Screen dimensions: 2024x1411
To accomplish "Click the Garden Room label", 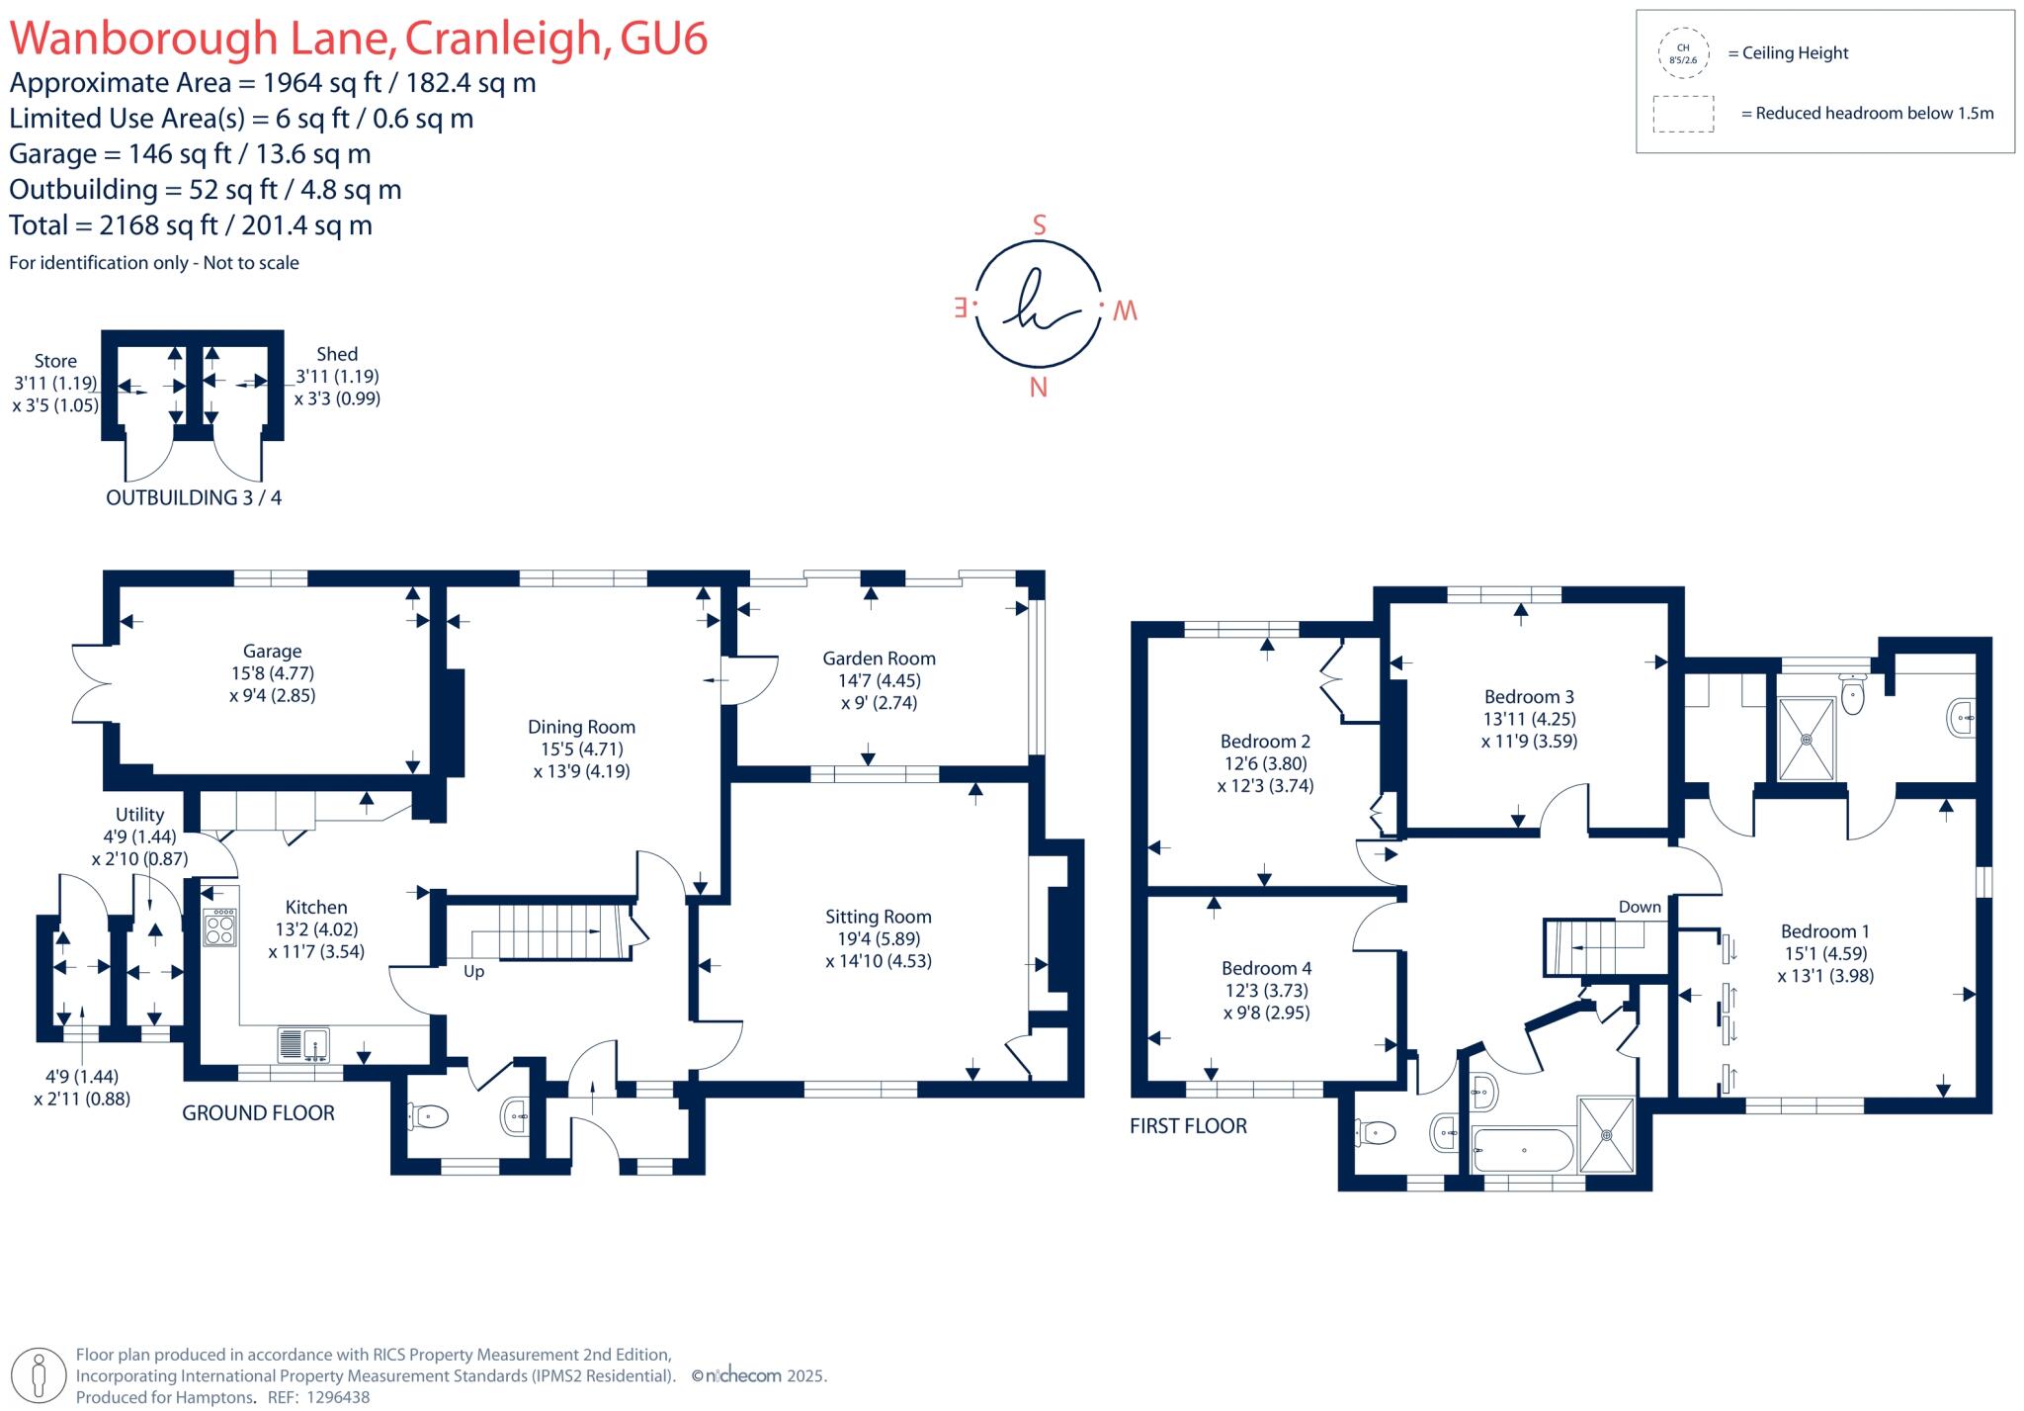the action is (879, 659).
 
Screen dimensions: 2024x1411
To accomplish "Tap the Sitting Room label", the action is (879, 917).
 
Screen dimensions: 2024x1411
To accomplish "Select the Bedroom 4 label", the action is (1266, 968).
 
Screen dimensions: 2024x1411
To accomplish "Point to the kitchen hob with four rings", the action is (220, 928).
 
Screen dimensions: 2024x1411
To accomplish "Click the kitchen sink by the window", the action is (303, 1044).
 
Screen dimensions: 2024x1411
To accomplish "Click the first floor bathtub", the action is (1522, 1150).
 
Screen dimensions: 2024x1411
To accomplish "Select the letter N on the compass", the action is (1038, 389).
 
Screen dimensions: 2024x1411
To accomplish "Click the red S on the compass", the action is (1039, 225).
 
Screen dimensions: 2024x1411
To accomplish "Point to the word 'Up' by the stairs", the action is (474, 971).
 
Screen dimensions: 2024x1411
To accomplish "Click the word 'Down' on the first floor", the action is (1640, 907).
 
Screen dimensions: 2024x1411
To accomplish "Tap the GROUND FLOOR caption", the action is (258, 1113).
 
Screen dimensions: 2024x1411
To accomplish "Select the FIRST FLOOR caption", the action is (1188, 1126).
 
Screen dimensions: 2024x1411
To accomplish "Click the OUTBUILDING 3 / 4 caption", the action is (194, 498).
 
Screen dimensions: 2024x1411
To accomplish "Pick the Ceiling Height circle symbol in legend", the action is (1683, 53).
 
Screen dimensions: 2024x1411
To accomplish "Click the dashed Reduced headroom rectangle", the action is (1683, 114).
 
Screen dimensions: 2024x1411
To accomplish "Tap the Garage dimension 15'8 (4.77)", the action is (273, 673).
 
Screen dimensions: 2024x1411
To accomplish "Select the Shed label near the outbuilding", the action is (337, 354).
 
